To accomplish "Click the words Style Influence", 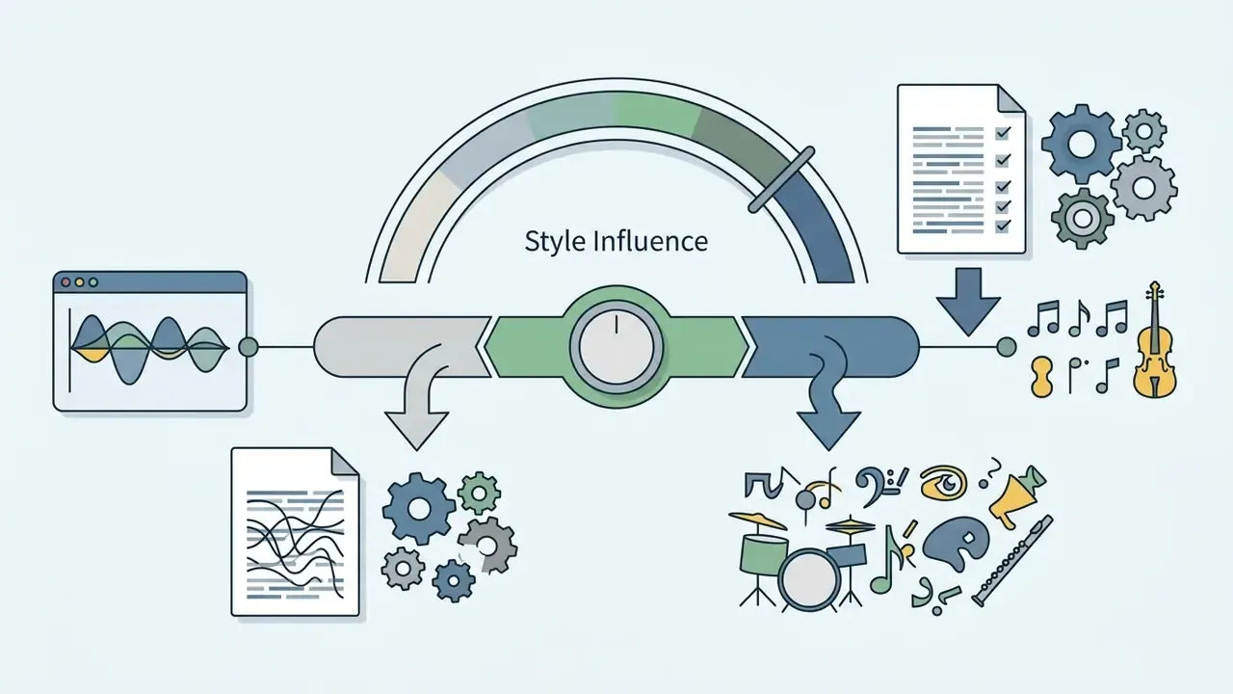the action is [x=616, y=241].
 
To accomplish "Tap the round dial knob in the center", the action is [x=616, y=347].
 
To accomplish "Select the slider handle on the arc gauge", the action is [x=781, y=179].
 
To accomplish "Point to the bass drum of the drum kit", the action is [x=808, y=580].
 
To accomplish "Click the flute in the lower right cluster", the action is [x=1011, y=561].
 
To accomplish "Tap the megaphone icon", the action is [x=1017, y=495].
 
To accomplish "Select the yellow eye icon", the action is [x=943, y=483].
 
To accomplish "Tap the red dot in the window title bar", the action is [x=66, y=282].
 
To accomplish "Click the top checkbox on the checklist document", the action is [x=1003, y=133].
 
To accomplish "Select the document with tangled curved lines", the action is [x=296, y=531].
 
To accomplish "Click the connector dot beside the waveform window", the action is [x=249, y=347].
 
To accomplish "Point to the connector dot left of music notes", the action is [x=1007, y=347].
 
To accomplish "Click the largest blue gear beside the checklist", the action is [x=1081, y=144].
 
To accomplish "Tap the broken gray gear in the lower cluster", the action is [x=486, y=546].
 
